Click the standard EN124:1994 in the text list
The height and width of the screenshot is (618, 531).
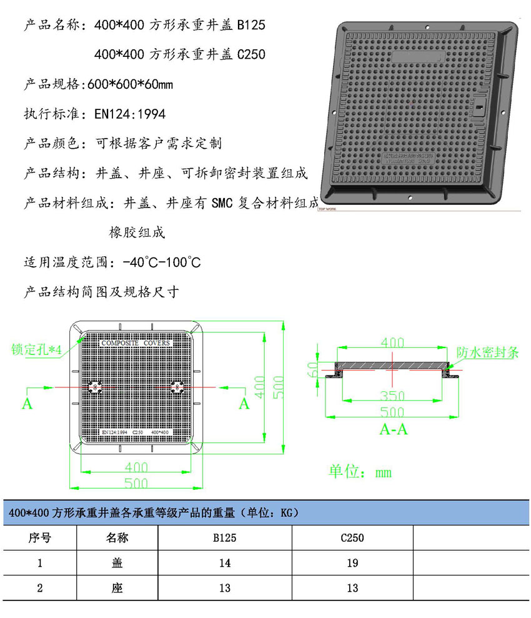point(129,114)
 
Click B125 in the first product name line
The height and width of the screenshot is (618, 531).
point(251,26)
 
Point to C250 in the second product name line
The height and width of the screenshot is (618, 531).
point(251,55)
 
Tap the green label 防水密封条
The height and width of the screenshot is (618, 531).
point(487,352)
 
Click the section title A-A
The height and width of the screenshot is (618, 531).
point(394,429)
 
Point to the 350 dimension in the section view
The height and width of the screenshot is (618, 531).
point(392,396)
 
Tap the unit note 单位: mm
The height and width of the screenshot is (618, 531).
point(360,472)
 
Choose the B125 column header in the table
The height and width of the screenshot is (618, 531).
point(225,538)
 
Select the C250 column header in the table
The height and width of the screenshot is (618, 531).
point(352,538)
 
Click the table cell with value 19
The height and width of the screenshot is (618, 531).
point(352,563)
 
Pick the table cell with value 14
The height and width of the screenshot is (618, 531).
point(225,563)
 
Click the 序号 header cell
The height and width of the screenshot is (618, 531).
point(39,538)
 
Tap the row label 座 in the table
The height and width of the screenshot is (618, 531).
point(117,588)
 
